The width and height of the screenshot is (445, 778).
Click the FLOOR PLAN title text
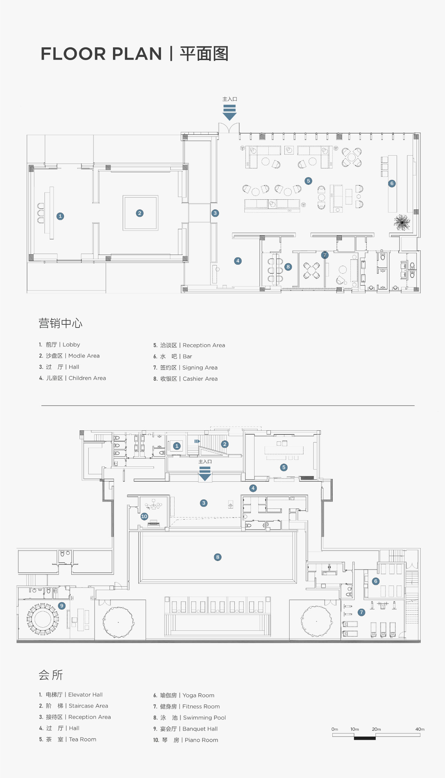tap(101, 54)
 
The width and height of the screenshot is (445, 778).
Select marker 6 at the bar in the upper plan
tap(392, 183)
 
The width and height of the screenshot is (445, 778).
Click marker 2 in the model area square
tap(140, 213)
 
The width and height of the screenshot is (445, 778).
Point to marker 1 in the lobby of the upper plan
tap(60, 216)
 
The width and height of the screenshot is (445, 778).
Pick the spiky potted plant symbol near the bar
tap(402, 222)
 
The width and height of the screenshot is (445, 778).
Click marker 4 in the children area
tap(238, 261)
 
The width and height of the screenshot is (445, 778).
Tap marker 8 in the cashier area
tap(288, 267)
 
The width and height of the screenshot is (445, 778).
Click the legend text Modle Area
tap(84, 356)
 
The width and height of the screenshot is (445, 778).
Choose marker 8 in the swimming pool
tap(218, 557)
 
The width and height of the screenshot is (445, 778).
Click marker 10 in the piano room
tap(144, 516)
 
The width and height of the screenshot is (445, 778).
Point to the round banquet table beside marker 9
tap(43, 619)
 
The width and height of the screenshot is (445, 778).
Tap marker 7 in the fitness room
tap(362, 612)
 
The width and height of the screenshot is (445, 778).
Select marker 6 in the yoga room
tap(375, 581)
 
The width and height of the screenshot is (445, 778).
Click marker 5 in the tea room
tap(284, 467)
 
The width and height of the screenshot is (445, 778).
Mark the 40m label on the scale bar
tap(420, 729)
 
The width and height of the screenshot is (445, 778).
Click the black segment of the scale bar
tap(365, 738)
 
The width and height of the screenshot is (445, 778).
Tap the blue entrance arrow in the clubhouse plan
tap(205, 474)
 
